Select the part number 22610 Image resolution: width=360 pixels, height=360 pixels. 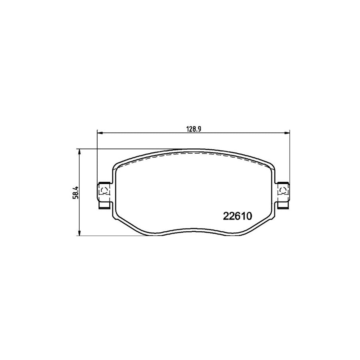coord(236,216)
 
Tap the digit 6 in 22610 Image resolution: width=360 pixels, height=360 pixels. coord(237,216)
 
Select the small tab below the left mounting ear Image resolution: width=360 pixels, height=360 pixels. coord(104,206)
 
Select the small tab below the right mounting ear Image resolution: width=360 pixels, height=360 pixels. coord(282,206)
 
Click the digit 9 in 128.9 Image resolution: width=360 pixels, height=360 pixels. coord(198,128)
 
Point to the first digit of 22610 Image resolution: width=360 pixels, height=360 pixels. coord(225,216)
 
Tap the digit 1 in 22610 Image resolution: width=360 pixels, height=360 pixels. coord(242,216)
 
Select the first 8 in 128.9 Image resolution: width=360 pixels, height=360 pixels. coord(194,128)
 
